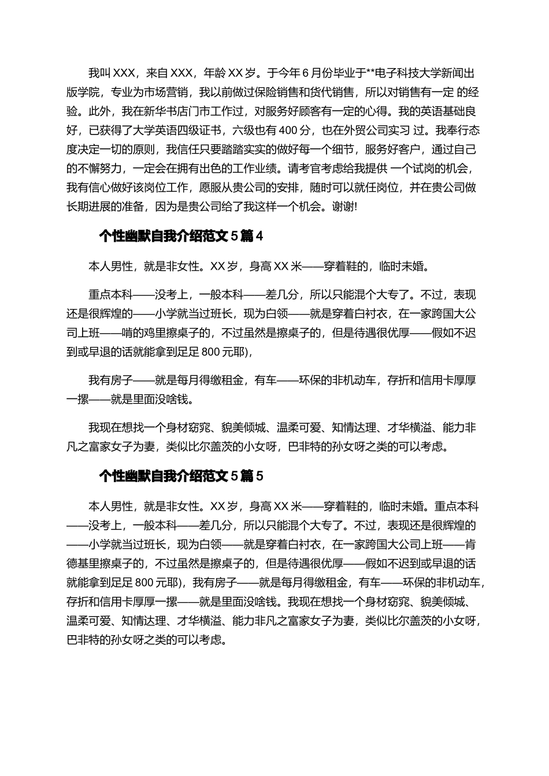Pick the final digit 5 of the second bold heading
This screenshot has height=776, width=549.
tap(259, 476)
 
